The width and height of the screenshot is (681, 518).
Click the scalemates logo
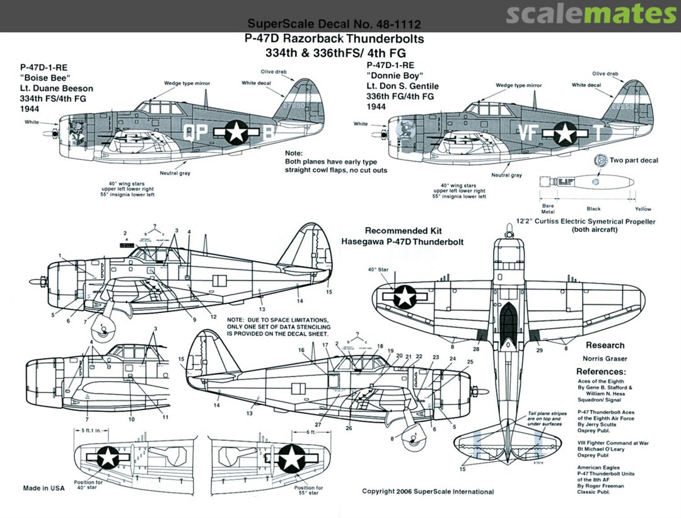click(591, 14)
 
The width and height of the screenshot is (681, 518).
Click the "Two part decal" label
click(634, 160)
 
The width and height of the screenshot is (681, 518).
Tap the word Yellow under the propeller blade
click(643, 209)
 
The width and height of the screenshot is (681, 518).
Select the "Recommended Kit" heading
click(397, 231)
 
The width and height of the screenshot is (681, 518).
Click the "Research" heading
click(605, 345)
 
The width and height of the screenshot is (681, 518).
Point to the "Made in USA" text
click(44, 488)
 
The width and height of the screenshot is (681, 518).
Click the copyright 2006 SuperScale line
click(428, 492)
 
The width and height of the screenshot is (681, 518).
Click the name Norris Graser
click(604, 358)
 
